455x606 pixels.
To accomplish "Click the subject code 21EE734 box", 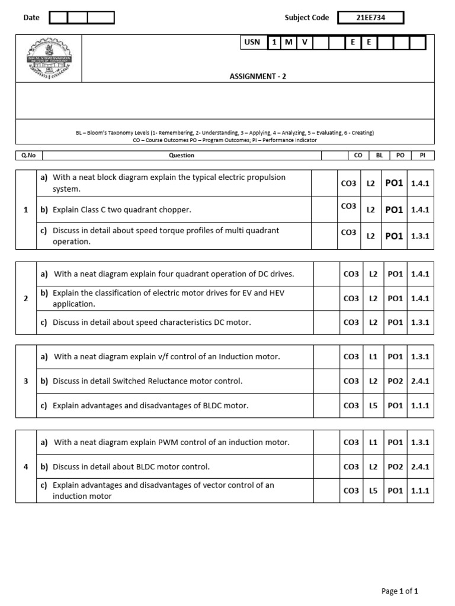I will click(x=370, y=18).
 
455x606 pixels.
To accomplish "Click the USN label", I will click(x=252, y=43).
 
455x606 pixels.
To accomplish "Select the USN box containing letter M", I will click(x=289, y=43).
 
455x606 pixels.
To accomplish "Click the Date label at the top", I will click(x=31, y=18).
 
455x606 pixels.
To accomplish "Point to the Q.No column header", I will click(x=28, y=156).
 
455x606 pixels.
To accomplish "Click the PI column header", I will click(x=422, y=156).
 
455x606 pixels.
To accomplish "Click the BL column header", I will click(x=379, y=156).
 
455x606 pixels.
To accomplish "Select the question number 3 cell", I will click(x=25, y=381).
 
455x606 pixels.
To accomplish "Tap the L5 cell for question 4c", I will click(x=372, y=491).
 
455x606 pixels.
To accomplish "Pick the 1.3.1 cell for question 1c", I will click(x=420, y=236).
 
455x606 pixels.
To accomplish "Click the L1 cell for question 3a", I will click(x=372, y=357).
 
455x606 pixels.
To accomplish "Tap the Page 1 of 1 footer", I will click(x=400, y=591).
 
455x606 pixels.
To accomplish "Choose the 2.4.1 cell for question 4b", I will click(x=420, y=467).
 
